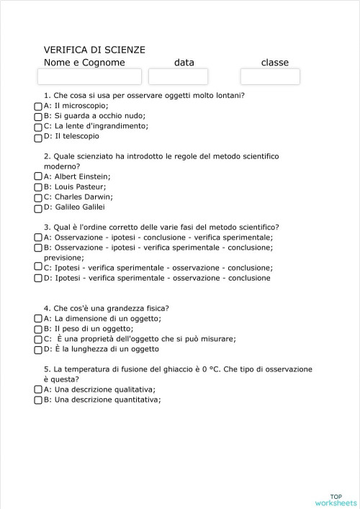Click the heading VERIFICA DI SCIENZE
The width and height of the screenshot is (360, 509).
coord(94,50)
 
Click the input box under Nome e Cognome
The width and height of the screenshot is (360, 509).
coord(89,76)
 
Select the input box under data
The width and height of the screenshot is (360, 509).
coord(178,76)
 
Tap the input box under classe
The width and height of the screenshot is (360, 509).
coord(270,76)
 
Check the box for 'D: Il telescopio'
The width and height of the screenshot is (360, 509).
coord(38,136)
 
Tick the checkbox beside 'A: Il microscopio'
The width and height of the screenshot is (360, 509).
coord(38,105)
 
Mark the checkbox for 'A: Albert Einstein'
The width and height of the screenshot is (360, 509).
coord(38,176)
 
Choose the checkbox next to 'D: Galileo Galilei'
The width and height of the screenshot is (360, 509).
coord(38,207)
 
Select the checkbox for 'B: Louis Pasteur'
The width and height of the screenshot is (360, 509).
coord(38,186)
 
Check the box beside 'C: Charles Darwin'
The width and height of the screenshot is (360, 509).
coord(38,197)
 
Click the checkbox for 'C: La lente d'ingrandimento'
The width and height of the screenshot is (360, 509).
coord(38,126)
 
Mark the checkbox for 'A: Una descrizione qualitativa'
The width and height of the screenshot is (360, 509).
coord(38,389)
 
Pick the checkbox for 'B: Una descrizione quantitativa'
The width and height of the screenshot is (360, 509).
coord(38,400)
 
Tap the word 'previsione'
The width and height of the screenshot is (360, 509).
coord(63,257)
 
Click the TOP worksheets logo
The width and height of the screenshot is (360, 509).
coord(336,499)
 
